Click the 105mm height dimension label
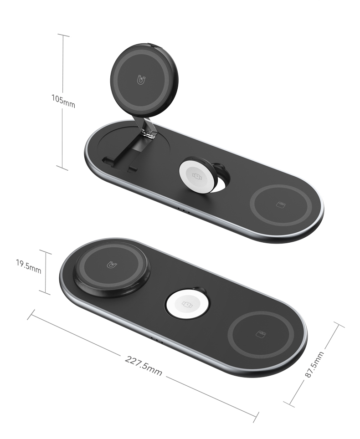tap(63, 101)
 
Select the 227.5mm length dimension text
tap(144, 365)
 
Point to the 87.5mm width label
tap(314, 364)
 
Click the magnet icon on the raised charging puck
tap(141, 81)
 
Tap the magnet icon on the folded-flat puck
tap(111, 265)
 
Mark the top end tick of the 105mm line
tap(63, 35)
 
